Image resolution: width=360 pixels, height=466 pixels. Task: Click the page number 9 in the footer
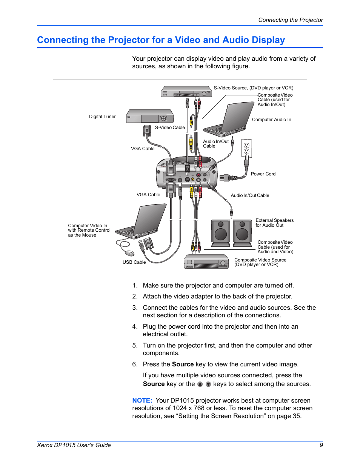click(x=321, y=445)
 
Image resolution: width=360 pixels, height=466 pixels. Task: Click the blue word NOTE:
click(x=142, y=400)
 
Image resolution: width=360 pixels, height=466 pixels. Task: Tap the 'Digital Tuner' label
click(x=102, y=117)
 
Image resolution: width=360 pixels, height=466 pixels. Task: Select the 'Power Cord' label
click(x=263, y=174)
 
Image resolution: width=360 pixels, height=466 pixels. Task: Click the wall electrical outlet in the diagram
click(x=246, y=148)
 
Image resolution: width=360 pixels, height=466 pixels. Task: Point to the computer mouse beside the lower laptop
click(x=129, y=253)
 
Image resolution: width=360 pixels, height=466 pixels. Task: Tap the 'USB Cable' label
click(x=134, y=262)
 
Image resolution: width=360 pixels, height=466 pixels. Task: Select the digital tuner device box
click(x=150, y=116)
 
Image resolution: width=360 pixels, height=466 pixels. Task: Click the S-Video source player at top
click(x=186, y=92)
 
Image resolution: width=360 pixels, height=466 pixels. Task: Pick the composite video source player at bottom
click(x=206, y=262)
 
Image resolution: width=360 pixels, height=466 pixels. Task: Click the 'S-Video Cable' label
click(x=170, y=128)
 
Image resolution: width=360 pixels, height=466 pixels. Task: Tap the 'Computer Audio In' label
click(x=271, y=120)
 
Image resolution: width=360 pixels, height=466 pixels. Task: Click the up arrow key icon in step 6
click(x=200, y=384)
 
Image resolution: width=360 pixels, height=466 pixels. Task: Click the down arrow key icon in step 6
click(x=208, y=384)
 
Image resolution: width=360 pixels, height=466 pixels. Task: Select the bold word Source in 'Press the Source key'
click(x=183, y=364)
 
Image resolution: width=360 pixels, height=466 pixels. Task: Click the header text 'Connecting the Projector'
click(x=291, y=20)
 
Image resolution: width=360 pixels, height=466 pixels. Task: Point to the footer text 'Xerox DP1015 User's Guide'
click(x=74, y=445)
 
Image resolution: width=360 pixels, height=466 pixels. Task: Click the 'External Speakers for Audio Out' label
click(x=274, y=223)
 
